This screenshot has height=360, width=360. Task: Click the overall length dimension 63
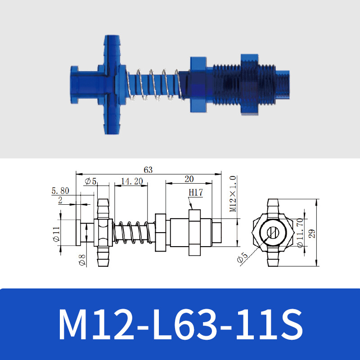pyautogui.click(x=148, y=170)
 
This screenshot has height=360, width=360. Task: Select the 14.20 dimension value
pyautogui.click(x=132, y=181)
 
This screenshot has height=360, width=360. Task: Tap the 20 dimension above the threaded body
pyautogui.click(x=189, y=179)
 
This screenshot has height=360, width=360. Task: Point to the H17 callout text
pyautogui.click(x=195, y=192)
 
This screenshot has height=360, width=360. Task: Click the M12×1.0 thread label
pyautogui.click(x=233, y=194)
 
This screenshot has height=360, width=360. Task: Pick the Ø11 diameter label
pyautogui.click(x=56, y=234)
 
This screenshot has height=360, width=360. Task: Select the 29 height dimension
pyautogui.click(x=311, y=233)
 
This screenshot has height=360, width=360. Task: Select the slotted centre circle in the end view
pyautogui.click(x=272, y=233)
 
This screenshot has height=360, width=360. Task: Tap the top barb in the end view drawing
pyautogui.click(x=272, y=206)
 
